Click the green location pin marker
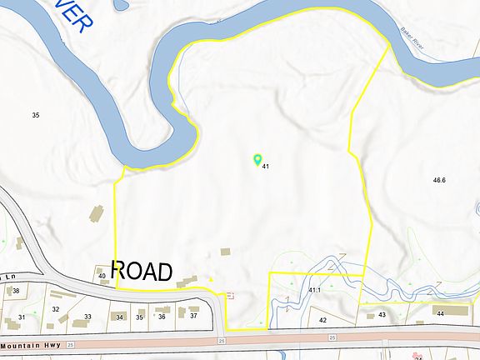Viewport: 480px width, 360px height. [257, 158]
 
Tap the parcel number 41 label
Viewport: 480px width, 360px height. [265, 167]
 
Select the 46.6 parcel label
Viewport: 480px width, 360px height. [439, 180]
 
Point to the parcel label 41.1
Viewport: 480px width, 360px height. [315, 290]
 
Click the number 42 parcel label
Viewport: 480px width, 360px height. [323, 319]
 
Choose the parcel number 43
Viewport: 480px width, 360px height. [382, 315]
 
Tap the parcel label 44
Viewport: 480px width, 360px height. [440, 312]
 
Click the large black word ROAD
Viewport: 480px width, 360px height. [142, 271]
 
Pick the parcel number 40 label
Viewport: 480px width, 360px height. [102, 276]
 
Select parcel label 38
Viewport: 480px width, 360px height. [15, 291]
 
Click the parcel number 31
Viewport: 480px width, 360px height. [22, 317]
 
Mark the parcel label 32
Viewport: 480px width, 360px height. [56, 309]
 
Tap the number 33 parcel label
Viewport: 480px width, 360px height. [87, 317]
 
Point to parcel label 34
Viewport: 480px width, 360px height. [120, 317]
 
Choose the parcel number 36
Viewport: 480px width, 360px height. [162, 317]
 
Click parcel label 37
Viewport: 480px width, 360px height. [193, 316]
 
